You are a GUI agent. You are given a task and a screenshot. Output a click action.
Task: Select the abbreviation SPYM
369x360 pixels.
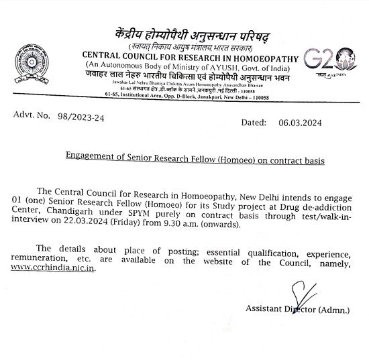pos(147,215)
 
